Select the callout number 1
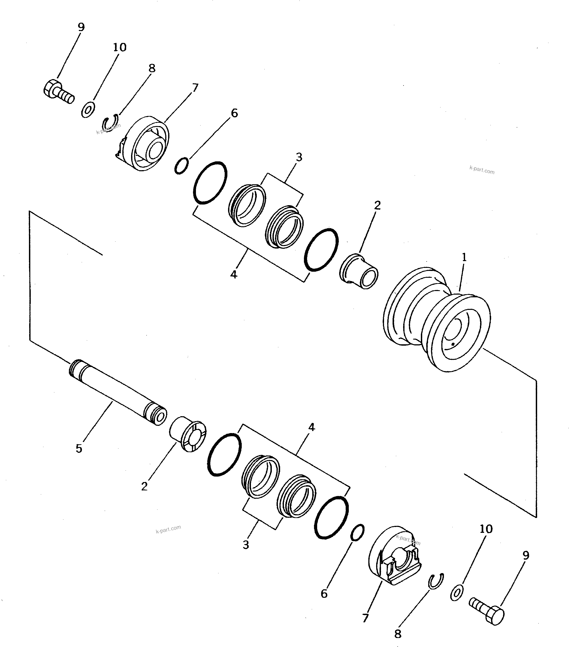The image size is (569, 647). tap(464, 257)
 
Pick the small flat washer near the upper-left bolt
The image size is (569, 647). tap(88, 109)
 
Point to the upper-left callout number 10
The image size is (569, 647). tap(119, 47)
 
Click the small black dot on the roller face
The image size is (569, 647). tap(453, 344)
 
